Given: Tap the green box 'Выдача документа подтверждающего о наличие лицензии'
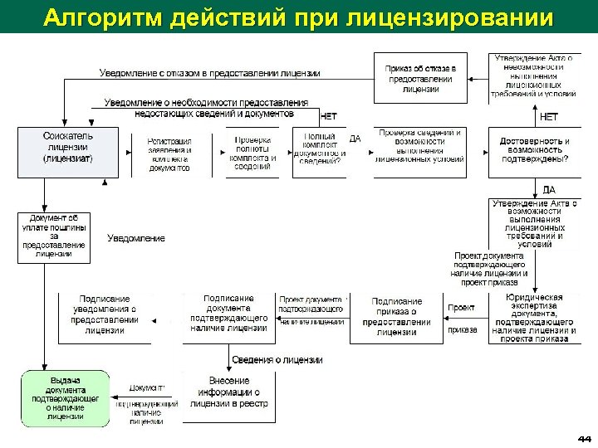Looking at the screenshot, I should [66, 398].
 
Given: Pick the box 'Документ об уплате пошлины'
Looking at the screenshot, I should [54, 237].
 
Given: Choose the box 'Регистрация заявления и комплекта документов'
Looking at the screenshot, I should [169, 154].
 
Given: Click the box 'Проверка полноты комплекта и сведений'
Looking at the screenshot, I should [253, 153].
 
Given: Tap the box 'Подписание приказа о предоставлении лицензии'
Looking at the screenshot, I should [397, 318].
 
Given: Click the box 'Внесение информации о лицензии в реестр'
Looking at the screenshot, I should [228, 392].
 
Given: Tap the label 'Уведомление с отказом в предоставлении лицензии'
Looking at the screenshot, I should [209, 73].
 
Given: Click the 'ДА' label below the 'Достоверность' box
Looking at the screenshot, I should [549, 190].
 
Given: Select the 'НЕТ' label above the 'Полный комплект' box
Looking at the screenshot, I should [328, 117].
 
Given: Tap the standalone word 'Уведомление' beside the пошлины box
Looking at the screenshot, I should [136, 238].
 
